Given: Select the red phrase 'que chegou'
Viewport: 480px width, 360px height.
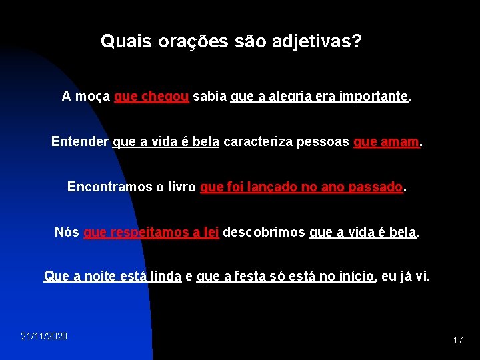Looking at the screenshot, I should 153,97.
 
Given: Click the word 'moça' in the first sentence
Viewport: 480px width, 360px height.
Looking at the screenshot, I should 93,97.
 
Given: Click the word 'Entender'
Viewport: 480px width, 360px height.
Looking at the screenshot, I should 80,142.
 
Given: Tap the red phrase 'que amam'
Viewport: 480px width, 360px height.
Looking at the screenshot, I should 387,142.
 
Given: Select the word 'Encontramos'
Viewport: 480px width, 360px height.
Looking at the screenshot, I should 110,187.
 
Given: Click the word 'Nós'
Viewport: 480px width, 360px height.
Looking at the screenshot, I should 67,233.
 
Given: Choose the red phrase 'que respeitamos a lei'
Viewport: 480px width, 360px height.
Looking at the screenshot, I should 151,233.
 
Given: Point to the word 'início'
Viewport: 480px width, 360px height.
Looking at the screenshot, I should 357,276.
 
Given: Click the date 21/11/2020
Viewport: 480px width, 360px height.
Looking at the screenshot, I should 44,336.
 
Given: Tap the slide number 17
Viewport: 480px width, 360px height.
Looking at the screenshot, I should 457,340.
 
